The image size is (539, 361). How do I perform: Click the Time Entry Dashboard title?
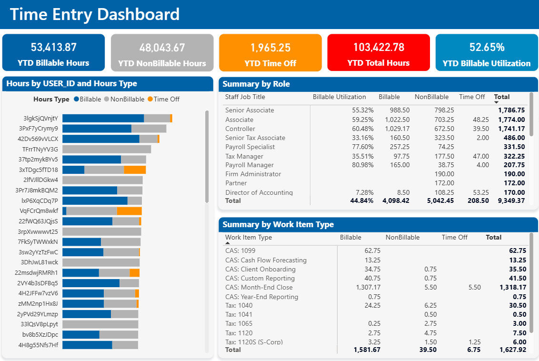[x=95, y=14]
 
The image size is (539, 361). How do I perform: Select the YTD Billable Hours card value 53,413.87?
[x=53, y=47]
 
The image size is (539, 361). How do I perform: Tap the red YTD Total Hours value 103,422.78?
[x=379, y=47]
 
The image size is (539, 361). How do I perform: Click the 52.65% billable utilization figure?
[x=487, y=47]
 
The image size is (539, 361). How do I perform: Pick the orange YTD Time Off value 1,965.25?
[x=270, y=48]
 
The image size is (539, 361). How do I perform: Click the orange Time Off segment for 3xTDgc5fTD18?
[x=135, y=170]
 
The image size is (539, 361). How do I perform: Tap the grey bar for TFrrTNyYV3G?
[x=107, y=149]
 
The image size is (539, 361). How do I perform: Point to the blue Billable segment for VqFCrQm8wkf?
[x=64, y=211]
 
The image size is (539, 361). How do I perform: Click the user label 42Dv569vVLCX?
[x=38, y=139]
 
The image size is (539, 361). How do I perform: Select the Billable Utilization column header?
[x=339, y=97]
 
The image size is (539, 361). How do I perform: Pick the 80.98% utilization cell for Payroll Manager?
[x=361, y=165]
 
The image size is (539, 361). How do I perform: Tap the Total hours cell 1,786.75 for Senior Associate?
[x=511, y=110]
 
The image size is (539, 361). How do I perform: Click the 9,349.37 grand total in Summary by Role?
[x=511, y=201]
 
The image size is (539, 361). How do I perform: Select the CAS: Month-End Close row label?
[x=259, y=287]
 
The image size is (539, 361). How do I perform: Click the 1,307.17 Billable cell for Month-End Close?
[x=368, y=287]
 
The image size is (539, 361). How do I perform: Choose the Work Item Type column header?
[x=249, y=237]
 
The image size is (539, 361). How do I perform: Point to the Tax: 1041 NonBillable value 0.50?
[x=430, y=314]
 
